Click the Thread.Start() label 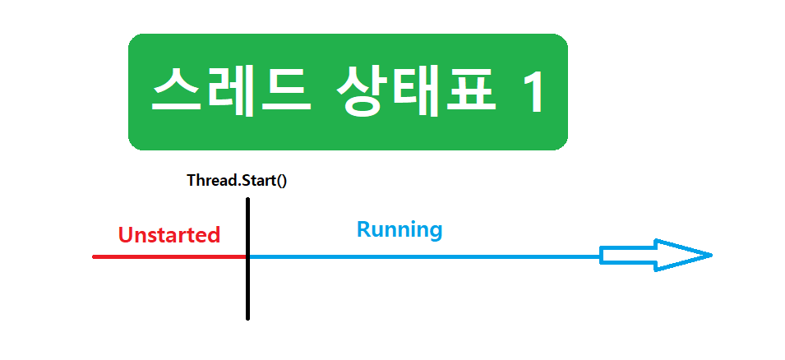pyautogui.click(x=237, y=179)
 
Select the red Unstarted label pyautogui.click(x=169, y=235)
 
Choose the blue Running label pyautogui.click(x=399, y=229)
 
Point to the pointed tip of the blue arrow pyautogui.click(x=709, y=255)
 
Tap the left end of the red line pyautogui.click(x=95, y=256)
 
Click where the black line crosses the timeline pyautogui.click(x=247, y=256)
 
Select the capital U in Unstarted pyautogui.click(x=126, y=235)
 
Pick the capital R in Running pyautogui.click(x=363, y=229)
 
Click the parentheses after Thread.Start pyautogui.click(x=280, y=180)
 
